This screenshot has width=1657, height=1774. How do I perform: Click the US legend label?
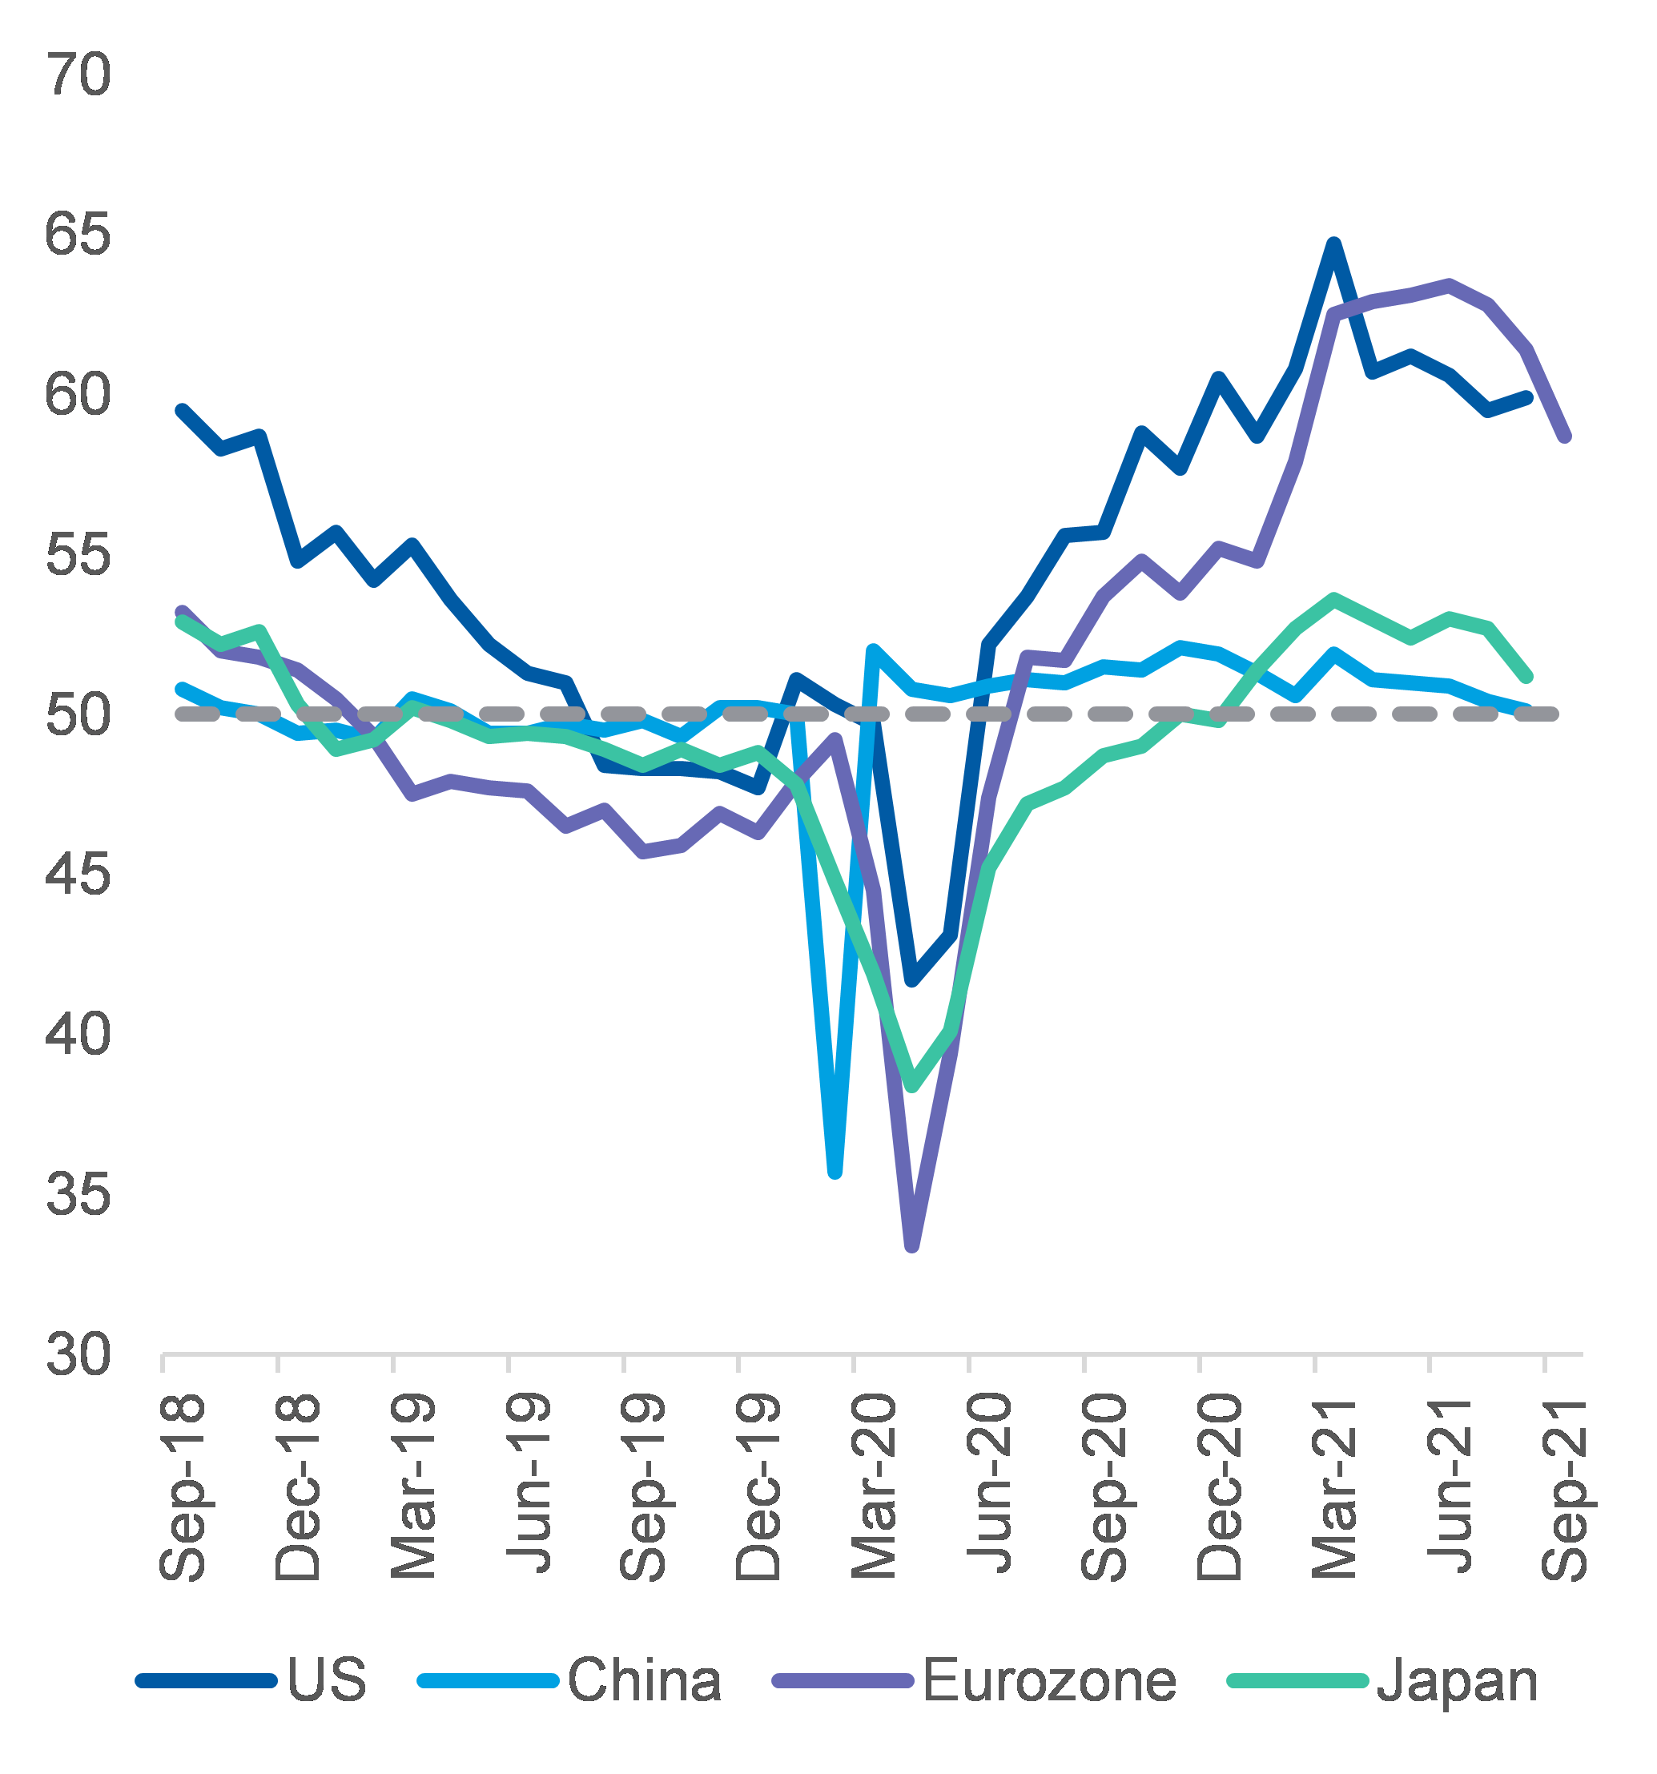327,1680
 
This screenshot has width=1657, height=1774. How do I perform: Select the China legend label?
644,1680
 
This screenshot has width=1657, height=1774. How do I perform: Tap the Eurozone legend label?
1049,1680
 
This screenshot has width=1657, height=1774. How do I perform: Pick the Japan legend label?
1457,1680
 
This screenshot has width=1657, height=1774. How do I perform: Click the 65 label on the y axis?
78,235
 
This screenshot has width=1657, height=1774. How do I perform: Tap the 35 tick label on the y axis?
78,1194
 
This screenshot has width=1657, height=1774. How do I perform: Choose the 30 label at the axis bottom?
78,1354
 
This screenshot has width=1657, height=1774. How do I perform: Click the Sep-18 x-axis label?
183,1487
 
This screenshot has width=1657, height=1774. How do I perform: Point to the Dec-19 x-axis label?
759,1487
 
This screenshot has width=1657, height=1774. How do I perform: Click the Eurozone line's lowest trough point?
912,1245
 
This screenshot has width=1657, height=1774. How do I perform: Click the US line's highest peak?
1334,243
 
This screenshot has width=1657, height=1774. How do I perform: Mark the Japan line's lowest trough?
912,1086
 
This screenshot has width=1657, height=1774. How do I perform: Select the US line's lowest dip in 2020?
912,980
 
